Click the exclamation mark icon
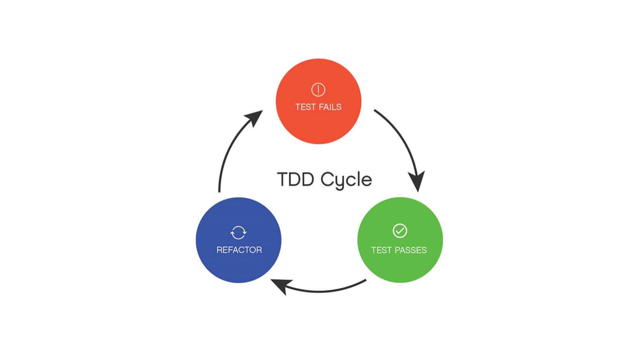pyautogui.click(x=318, y=90)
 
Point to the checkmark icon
pyautogui.click(x=400, y=231)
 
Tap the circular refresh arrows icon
pyautogui.click(x=238, y=232)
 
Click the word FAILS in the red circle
pyautogui.click(x=330, y=107)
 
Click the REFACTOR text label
pyautogui.click(x=239, y=250)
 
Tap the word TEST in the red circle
pyautogui.click(x=306, y=107)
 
